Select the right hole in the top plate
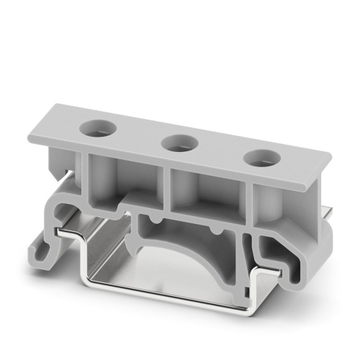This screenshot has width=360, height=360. (258, 158)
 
